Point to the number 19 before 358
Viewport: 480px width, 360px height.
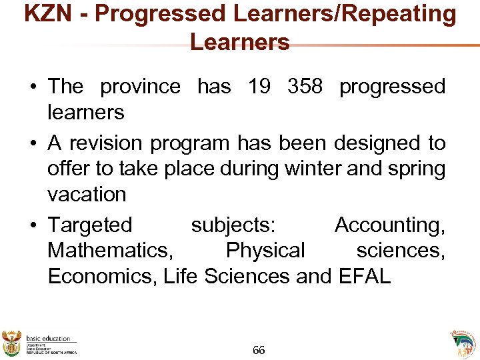click(259, 87)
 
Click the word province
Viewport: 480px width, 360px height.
click(140, 87)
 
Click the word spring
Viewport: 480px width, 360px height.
click(413, 169)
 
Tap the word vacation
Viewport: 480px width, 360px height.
click(87, 195)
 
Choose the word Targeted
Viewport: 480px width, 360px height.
click(90, 225)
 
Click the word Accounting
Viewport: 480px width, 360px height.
click(389, 225)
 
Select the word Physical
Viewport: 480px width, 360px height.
click(265, 251)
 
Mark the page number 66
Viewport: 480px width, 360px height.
click(259, 350)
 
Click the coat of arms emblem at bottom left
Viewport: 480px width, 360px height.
click(12, 342)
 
